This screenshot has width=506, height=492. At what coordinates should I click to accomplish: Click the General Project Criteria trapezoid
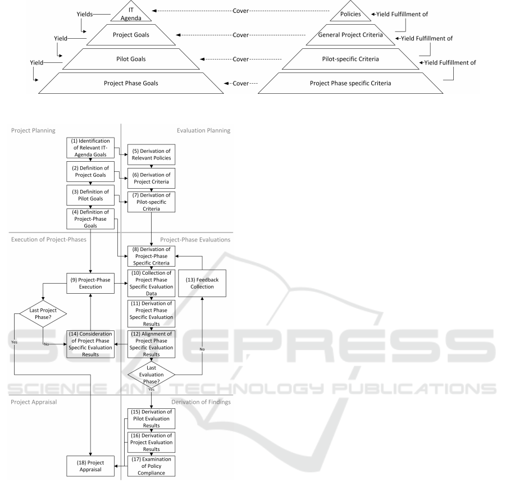pyautogui.click(x=351, y=35)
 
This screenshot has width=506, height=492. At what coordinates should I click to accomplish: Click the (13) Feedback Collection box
pyautogui.click(x=202, y=283)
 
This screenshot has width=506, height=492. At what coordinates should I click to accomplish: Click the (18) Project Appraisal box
pyautogui.click(x=91, y=466)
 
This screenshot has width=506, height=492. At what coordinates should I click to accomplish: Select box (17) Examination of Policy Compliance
pyautogui.click(x=152, y=466)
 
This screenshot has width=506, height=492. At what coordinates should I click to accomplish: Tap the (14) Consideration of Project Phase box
pyautogui.click(x=91, y=344)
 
